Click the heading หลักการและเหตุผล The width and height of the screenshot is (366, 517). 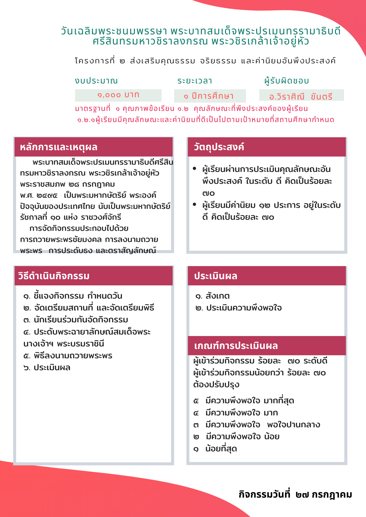click(59, 147)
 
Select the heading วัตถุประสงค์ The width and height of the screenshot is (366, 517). click(219, 147)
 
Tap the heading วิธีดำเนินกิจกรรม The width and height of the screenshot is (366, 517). click(54, 276)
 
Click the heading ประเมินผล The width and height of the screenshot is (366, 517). click(216, 276)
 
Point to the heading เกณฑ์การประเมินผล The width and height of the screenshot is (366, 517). click(236, 346)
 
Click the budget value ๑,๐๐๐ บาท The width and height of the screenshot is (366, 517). click(118, 95)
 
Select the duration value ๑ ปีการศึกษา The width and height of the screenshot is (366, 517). click(209, 96)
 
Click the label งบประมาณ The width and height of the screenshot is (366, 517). click(96, 81)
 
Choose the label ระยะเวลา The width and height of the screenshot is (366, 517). click(195, 81)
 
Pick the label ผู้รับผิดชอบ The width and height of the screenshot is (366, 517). click(287, 81)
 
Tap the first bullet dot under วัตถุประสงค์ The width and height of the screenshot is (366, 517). click(195, 169)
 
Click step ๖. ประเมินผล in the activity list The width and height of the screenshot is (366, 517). click(47, 368)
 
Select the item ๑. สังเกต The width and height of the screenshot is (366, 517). click(213, 296)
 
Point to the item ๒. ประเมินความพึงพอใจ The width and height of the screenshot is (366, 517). click(239, 308)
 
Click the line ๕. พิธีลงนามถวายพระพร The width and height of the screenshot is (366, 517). click(68, 356)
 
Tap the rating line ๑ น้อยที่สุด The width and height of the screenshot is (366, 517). click(215, 449)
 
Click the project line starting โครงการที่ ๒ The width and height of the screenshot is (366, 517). click(205, 61)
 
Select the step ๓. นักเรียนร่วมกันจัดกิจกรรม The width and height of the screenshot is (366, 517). click(76, 320)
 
